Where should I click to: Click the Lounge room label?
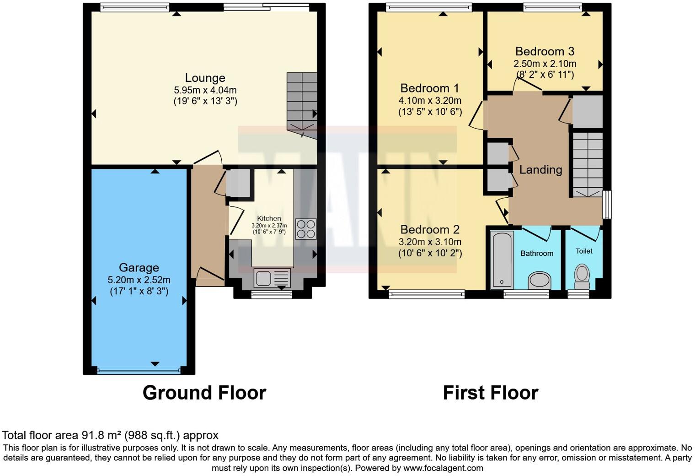tap(205, 78)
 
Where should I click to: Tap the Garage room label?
tap(139, 268)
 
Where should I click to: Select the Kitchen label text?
tap(269, 218)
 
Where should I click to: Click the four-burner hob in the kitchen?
tap(305, 229)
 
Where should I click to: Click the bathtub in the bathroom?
tap(502, 260)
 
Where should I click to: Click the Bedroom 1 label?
tap(429, 88)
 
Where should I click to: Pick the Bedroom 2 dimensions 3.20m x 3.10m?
tap(430, 242)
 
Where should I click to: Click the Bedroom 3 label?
tap(545, 51)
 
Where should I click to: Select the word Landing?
tap(540, 170)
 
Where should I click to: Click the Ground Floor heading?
tap(204, 393)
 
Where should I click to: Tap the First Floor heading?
tap(491, 393)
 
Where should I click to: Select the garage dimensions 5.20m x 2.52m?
tap(139, 280)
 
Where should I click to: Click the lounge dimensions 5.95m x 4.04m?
tap(205, 90)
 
